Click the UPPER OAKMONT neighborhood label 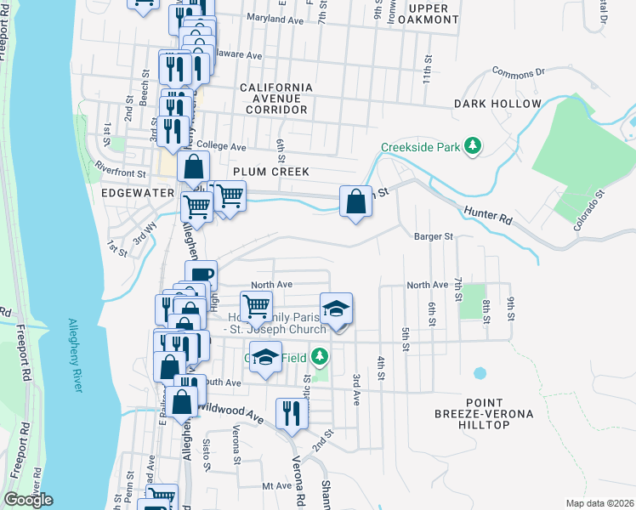point(434,14)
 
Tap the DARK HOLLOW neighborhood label point(497,104)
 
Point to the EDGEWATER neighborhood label point(137,193)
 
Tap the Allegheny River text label point(75,355)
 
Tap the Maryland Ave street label point(274,17)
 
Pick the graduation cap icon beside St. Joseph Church point(337,309)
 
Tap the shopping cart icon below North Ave point(256,306)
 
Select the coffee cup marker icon point(202,275)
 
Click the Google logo point(28,500)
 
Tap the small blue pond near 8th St point(480,373)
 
